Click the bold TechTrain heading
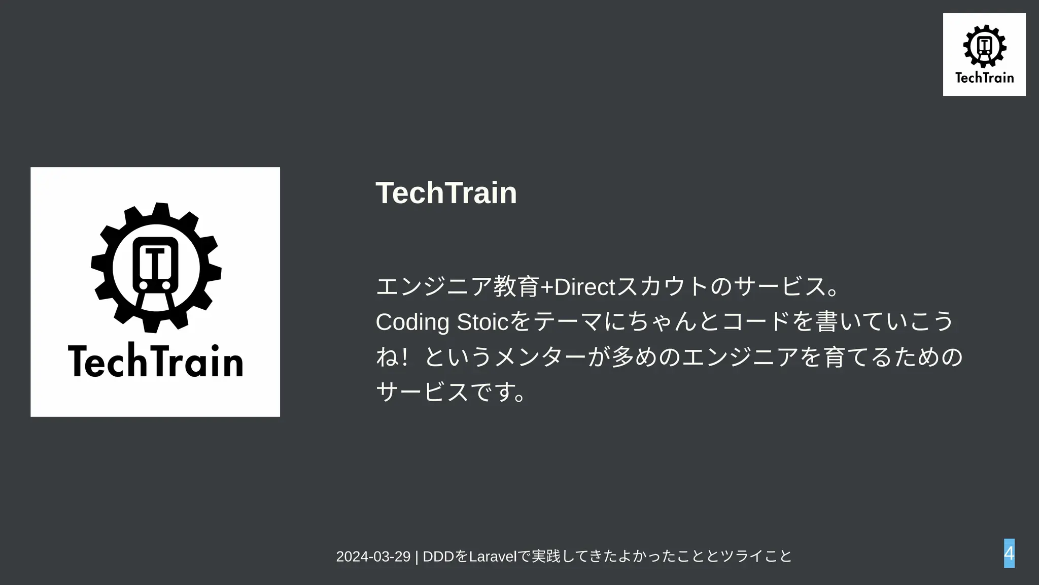tap(446, 193)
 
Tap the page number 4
tap(1009, 553)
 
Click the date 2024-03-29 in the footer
tap(373, 557)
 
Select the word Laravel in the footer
tap(492, 557)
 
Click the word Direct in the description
tap(584, 287)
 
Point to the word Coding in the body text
tap(412, 322)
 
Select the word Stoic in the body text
tap(482, 322)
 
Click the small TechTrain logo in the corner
tap(984, 54)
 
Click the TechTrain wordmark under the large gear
tap(155, 361)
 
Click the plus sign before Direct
tap(547, 287)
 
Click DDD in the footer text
tap(438, 557)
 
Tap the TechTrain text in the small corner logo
tap(984, 78)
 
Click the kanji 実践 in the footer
tap(546, 557)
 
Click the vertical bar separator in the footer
tap(417, 557)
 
